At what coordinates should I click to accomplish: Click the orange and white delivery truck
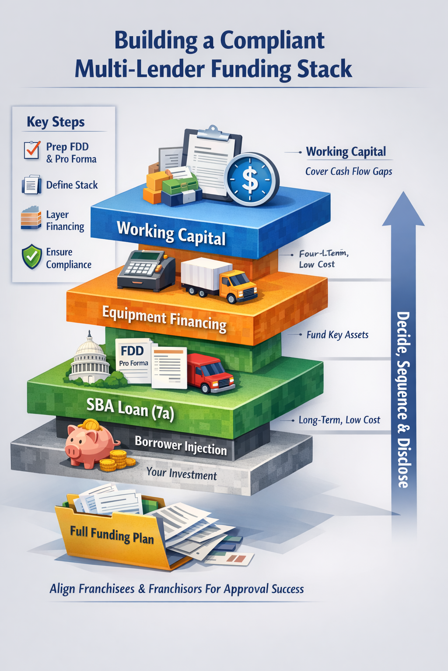[219, 280]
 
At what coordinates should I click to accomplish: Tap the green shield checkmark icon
[31, 258]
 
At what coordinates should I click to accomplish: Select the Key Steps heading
[56, 122]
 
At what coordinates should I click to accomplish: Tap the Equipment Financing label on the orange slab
[164, 319]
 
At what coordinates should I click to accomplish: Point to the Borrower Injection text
[181, 446]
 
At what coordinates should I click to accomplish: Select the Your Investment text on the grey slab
[181, 474]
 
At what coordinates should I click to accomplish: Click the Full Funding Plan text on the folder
[112, 535]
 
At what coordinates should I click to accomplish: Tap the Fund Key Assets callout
[337, 335]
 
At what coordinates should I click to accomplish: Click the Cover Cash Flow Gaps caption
[348, 171]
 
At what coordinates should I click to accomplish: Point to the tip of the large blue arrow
[403, 194]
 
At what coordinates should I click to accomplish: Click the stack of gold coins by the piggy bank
[117, 461]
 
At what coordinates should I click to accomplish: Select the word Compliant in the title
[272, 41]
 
